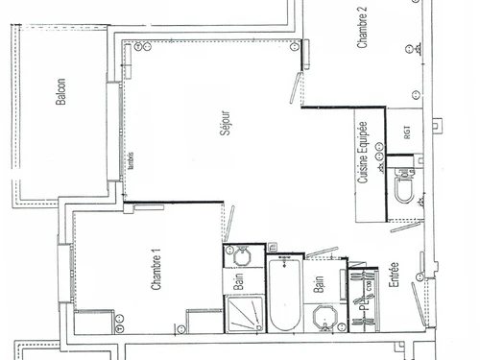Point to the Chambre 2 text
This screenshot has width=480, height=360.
tap(363, 29)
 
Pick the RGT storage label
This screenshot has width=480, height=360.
tap(406, 133)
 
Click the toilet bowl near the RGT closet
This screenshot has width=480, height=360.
tap(404, 196)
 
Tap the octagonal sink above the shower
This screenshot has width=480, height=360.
tap(237, 256)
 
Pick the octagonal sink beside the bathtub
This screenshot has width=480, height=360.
tap(321, 317)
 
